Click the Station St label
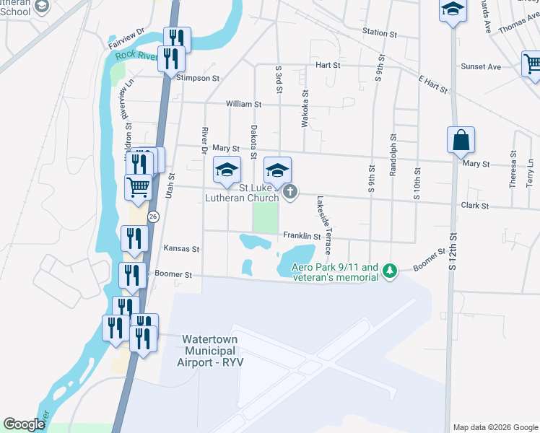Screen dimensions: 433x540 tap(380, 33)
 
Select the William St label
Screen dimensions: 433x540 tap(243, 105)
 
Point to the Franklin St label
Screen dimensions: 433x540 tap(302, 236)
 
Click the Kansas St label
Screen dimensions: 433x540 tap(181, 249)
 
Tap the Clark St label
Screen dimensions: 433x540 tap(474, 206)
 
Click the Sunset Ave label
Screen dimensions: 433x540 tap(483, 67)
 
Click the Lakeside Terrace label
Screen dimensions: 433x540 tap(322, 226)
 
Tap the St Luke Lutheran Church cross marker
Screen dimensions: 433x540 tap(289, 191)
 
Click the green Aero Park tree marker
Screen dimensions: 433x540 tap(390, 271)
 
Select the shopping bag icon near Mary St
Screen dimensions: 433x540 tap(461, 139)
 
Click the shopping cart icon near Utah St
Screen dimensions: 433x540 tap(138, 186)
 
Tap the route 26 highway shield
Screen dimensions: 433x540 tap(153, 216)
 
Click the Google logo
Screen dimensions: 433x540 tap(25, 424)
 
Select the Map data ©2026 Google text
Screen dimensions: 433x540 tap(495, 427)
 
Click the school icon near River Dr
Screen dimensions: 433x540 tap(227, 170)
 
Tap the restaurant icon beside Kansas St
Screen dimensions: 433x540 tap(134, 237)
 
